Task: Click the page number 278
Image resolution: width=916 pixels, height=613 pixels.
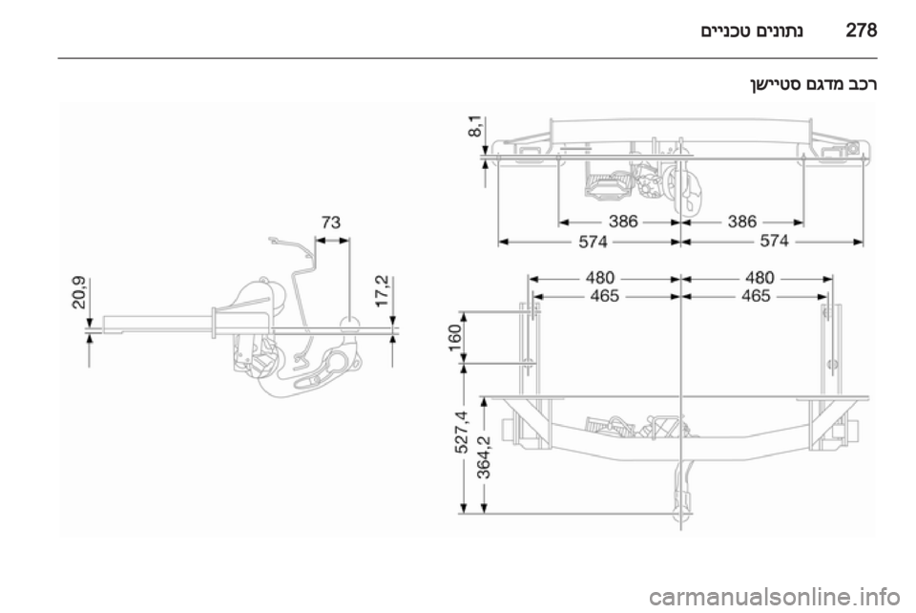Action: point(861,30)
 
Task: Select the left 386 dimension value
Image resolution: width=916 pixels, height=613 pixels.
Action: point(623,222)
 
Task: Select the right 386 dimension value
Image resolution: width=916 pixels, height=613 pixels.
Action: point(742,222)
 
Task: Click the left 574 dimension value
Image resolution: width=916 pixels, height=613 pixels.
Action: point(593,242)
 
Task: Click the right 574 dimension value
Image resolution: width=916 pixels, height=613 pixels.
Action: point(774,241)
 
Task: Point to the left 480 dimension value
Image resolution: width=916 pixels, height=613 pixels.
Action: point(600,277)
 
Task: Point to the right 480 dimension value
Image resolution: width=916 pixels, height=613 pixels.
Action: point(760,277)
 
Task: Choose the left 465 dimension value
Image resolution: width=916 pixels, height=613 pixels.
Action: point(605,296)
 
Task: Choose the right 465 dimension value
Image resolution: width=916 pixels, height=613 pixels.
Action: point(756,296)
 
